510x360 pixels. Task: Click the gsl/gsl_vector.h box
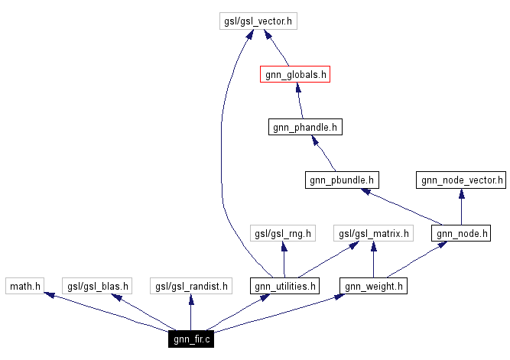coord(256,21)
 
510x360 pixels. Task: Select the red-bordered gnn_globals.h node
coord(294,74)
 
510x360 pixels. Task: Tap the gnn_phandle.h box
coord(305,126)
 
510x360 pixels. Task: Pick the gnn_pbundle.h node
coord(341,180)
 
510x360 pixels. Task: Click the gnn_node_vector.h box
coord(461,180)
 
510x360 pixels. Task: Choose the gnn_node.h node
coord(460,233)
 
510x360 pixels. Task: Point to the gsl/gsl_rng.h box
coord(284,233)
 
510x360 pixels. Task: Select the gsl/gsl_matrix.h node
coord(372,233)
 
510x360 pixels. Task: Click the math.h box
coord(25,287)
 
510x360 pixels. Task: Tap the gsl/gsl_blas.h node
coord(97,287)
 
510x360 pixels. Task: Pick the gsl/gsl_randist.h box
coord(191,287)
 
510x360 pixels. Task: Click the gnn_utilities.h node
coord(284,287)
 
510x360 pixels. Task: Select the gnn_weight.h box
coord(372,287)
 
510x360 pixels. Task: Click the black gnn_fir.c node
coord(190,339)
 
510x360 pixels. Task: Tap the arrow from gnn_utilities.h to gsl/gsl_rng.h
coord(284,260)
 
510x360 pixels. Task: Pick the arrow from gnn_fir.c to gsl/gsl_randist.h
coord(191,313)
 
